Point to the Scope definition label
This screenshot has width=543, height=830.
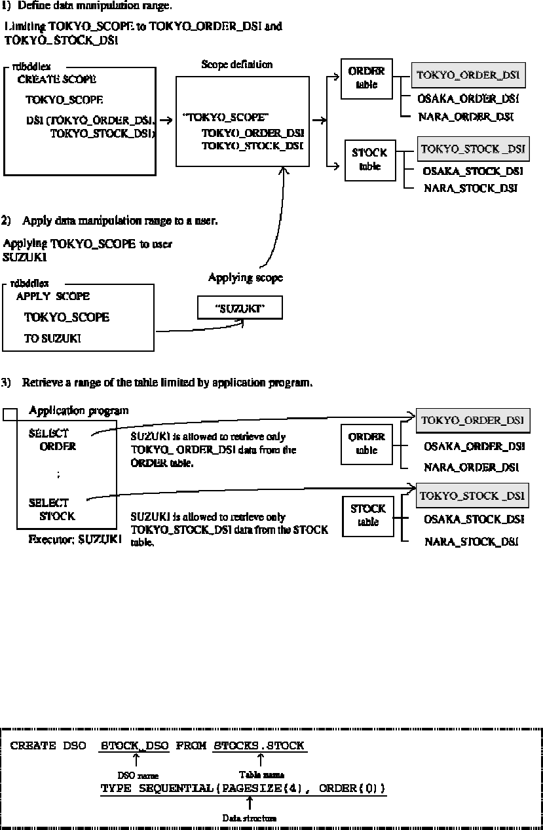click(236, 64)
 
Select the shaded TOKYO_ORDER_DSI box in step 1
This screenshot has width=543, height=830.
click(468, 75)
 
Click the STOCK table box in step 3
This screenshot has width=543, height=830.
click(368, 515)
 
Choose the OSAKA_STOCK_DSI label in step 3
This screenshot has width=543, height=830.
click(474, 519)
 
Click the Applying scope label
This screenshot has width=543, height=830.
click(245, 278)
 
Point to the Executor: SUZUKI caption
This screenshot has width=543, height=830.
click(75, 540)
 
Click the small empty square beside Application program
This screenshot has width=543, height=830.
click(10, 415)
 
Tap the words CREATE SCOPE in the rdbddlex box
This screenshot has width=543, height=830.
click(56, 79)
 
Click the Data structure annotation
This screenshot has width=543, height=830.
click(249, 818)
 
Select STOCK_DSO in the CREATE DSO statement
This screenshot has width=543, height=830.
click(136, 746)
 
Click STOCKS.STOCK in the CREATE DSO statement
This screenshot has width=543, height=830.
click(260, 746)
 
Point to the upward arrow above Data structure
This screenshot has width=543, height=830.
click(250, 804)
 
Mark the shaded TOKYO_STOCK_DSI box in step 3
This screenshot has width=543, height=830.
click(472, 496)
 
